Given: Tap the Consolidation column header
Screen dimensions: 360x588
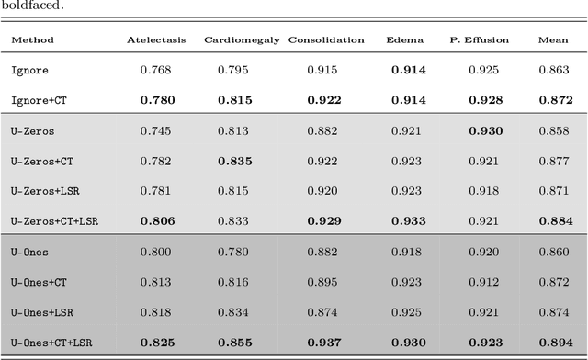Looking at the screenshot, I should pos(326,40).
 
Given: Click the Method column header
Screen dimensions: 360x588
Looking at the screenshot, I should pos(32,40).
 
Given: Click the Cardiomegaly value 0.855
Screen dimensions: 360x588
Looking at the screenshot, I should pos(236,342).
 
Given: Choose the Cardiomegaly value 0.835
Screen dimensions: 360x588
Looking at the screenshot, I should pos(236,161).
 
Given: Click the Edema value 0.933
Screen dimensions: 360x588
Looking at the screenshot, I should pos(405,220).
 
